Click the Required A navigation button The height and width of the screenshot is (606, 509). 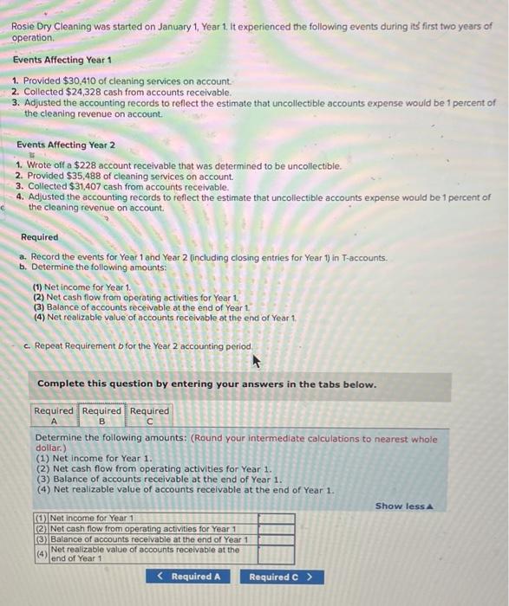[189, 577]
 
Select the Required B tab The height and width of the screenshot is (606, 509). [102, 416]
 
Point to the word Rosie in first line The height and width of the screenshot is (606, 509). [23, 27]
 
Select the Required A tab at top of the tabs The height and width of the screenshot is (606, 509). [54, 416]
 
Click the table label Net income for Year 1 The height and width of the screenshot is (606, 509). [90, 519]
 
